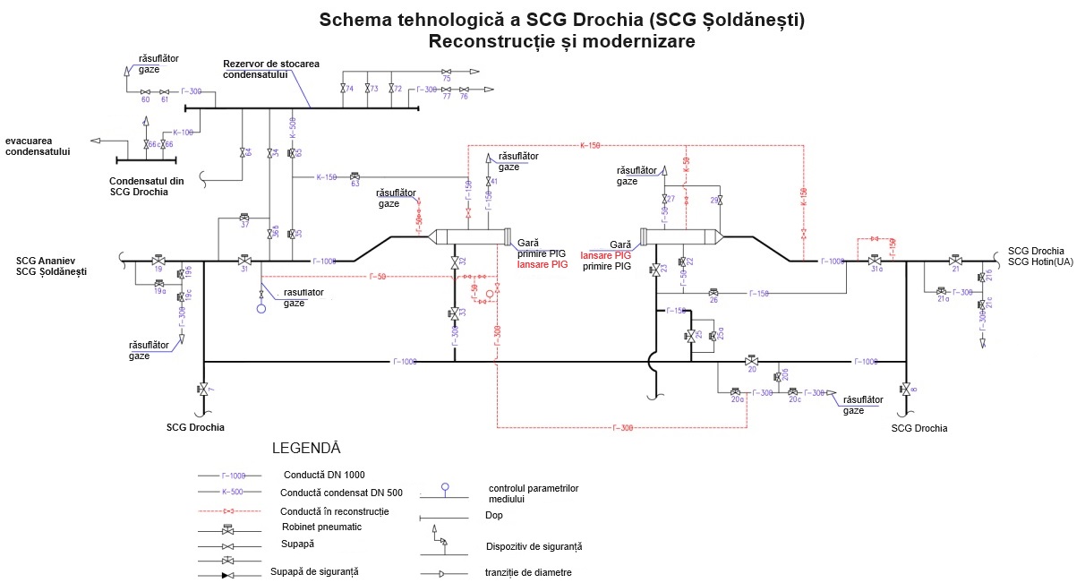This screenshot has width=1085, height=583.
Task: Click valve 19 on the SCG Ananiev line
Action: (158, 261)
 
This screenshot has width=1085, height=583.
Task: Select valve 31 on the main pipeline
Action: (244, 261)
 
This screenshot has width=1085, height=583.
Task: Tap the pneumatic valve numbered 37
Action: (244, 218)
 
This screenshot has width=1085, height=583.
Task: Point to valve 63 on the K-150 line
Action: (355, 176)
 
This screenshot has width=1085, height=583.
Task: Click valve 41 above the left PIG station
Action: (489, 181)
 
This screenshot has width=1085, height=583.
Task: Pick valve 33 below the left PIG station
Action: (455, 313)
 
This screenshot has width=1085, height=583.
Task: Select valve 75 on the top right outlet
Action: (446, 90)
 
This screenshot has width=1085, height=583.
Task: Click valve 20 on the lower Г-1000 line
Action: (752, 361)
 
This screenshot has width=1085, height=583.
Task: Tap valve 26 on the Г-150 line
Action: (713, 293)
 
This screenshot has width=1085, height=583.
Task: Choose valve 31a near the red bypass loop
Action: (873, 261)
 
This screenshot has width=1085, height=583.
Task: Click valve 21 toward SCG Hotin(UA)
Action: (956, 261)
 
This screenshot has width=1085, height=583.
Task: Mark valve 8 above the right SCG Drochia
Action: (906, 389)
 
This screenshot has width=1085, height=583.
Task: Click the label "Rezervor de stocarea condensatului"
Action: (270, 68)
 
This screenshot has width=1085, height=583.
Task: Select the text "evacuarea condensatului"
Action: (38, 146)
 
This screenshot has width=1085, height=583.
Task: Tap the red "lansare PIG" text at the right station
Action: (606, 255)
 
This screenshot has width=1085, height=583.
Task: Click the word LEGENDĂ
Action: (306, 447)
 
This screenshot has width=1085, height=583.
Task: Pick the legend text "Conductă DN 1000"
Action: (323, 475)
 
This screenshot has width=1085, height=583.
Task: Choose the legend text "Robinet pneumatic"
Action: (321, 527)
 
